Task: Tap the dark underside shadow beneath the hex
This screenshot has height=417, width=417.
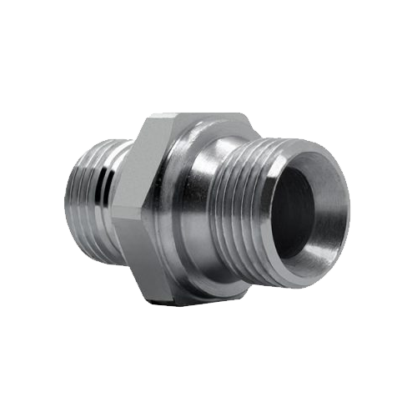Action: [200, 297]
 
